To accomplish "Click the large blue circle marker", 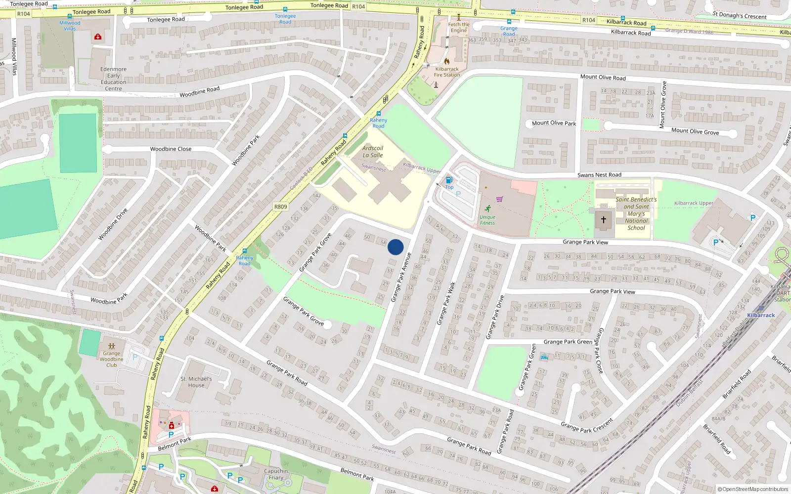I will click(x=395, y=247).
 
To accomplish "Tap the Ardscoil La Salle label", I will click(x=373, y=152).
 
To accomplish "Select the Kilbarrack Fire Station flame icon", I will click(x=447, y=61).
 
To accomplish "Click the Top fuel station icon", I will click(x=449, y=180).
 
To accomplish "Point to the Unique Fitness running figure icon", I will click(x=488, y=208).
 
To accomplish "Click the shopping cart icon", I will click(x=499, y=199).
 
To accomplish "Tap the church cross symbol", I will click(x=603, y=219).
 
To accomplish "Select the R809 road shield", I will click(x=280, y=206).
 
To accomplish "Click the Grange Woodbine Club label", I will click(x=112, y=359).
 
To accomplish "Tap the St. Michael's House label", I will click(x=196, y=382).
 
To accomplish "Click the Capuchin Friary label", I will click(x=276, y=474).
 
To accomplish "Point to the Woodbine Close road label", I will click(x=171, y=149).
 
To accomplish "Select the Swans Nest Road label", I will click(x=599, y=175).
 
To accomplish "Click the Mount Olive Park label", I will click(x=554, y=123).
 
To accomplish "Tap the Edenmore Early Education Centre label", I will click(x=113, y=79).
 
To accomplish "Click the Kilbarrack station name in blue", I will click(x=761, y=315).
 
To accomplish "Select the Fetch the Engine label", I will click(x=459, y=27).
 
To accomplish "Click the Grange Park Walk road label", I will click(x=445, y=303).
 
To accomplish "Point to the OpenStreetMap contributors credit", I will click(x=752, y=489).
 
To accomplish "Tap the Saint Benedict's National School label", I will click(x=636, y=213).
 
